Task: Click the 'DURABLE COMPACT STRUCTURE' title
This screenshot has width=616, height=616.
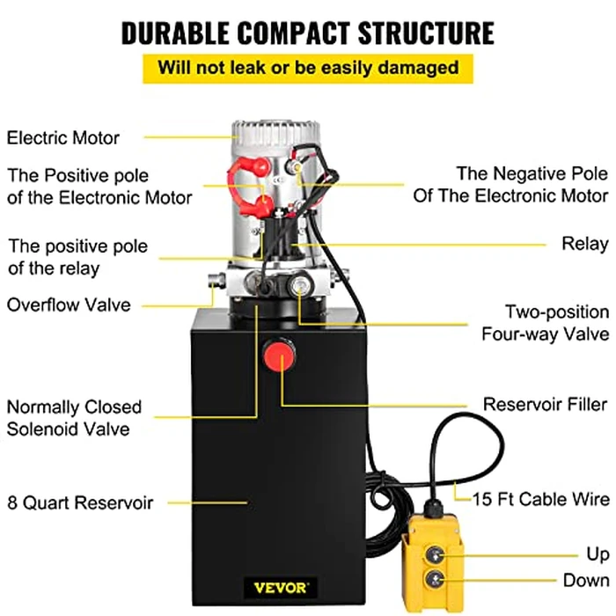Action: tap(307, 32)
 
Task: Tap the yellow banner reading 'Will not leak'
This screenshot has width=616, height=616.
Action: tap(307, 68)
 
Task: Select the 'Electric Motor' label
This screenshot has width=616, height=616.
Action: tap(63, 137)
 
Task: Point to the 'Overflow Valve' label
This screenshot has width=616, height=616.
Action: tap(69, 305)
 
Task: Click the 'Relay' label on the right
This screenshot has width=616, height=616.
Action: tap(585, 244)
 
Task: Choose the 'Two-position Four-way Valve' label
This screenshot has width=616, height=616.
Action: tap(545, 323)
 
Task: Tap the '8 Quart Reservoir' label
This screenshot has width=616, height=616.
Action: tap(80, 503)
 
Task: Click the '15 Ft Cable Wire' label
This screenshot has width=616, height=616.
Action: tap(540, 500)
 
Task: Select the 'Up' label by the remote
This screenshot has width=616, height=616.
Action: tap(598, 554)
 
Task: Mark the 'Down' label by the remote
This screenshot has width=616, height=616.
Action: tap(586, 581)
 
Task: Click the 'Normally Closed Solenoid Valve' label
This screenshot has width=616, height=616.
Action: tap(74, 418)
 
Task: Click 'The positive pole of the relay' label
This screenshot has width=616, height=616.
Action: tap(77, 257)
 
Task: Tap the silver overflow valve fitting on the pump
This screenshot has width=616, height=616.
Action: tap(215, 281)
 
